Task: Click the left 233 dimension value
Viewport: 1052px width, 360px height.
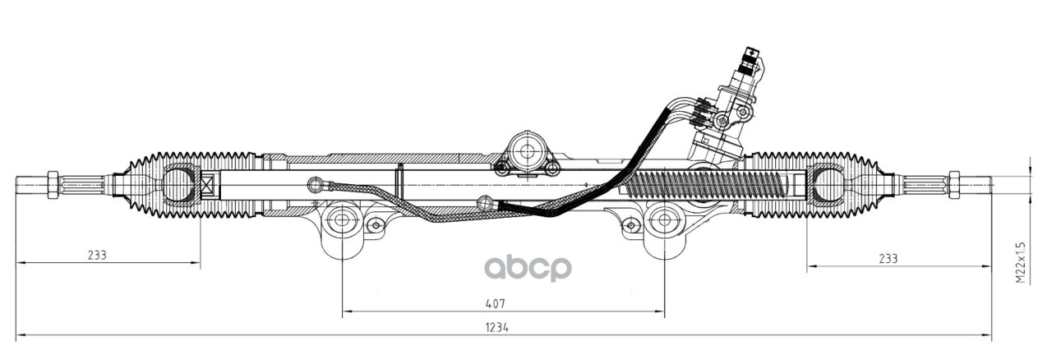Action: tap(97, 255)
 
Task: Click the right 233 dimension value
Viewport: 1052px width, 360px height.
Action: tap(888, 258)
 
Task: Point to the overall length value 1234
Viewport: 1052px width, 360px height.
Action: tap(496, 326)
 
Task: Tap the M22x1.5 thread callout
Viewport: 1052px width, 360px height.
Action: tap(1020, 262)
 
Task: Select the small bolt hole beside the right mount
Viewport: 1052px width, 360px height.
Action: tap(630, 224)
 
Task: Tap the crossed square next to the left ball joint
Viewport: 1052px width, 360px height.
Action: tap(206, 186)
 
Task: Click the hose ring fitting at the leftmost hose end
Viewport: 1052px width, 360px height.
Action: tap(312, 182)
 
